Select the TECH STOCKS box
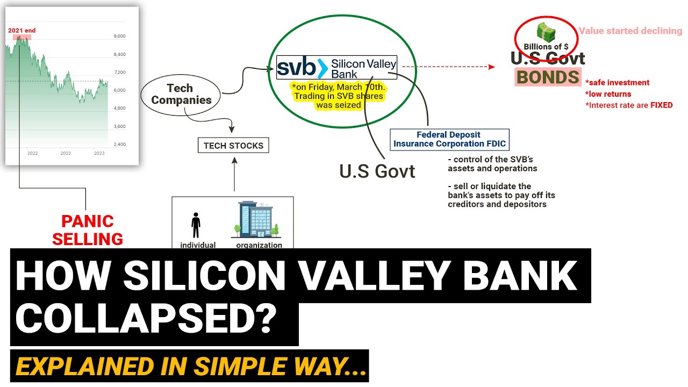233,145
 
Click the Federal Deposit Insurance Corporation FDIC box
449,139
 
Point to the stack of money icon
546,33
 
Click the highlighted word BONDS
548,77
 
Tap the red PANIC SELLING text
87,230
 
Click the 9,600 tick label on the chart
119,37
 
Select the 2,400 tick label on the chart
119,145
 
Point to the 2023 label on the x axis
99,154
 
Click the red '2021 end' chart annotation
22,31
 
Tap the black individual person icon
196,225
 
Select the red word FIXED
661,105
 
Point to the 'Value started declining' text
630,31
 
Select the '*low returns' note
608,94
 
